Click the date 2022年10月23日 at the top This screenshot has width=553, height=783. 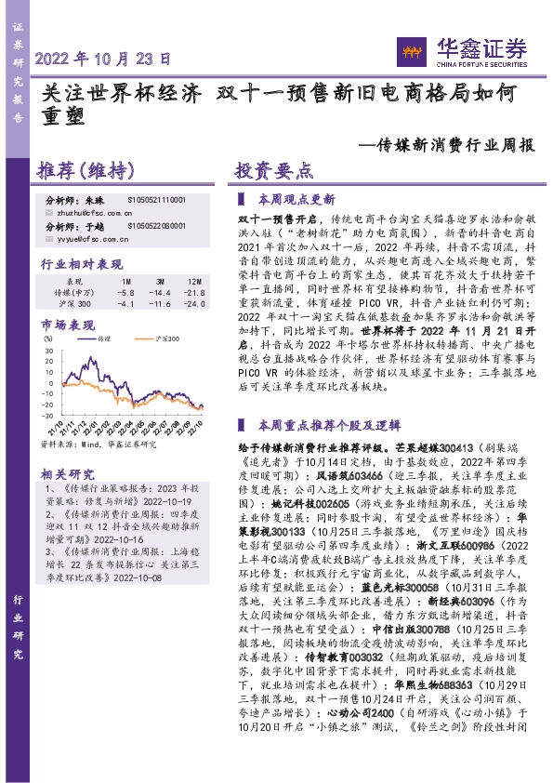pos(103,58)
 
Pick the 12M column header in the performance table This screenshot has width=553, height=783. pos(194,280)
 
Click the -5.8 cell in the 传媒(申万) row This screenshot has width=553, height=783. pos(126,291)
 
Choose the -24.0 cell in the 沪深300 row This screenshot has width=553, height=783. pos(193,304)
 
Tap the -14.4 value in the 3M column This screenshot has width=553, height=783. pos(160,291)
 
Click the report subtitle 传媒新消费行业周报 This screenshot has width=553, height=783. pos(447,145)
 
